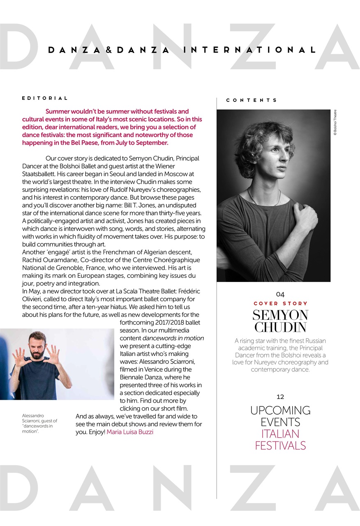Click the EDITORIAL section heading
[x=45, y=98]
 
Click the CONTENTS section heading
[x=252, y=100]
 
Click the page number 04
[x=280, y=294]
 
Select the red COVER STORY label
[x=280, y=303]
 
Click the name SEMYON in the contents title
[x=280, y=315]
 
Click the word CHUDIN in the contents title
[x=280, y=327]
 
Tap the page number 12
[x=280, y=397]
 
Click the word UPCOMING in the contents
[x=280, y=411]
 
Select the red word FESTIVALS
[x=280, y=445]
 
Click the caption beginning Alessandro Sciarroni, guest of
[x=39, y=423]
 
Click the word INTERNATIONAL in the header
[x=249, y=50]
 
